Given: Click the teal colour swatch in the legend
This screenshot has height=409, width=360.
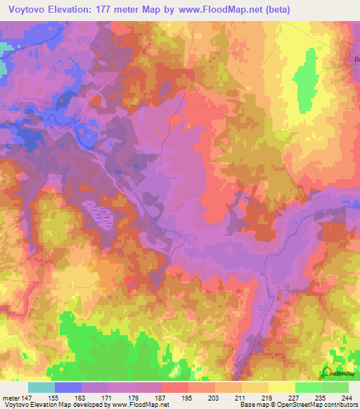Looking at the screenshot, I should [41, 387].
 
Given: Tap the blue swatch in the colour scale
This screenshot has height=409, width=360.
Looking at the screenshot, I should [67, 387].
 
